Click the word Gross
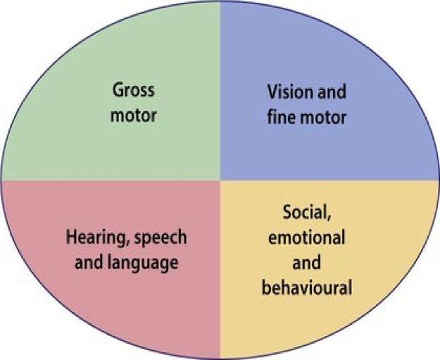click(x=134, y=92)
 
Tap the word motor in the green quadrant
click(x=134, y=115)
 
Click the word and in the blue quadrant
click(x=328, y=92)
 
